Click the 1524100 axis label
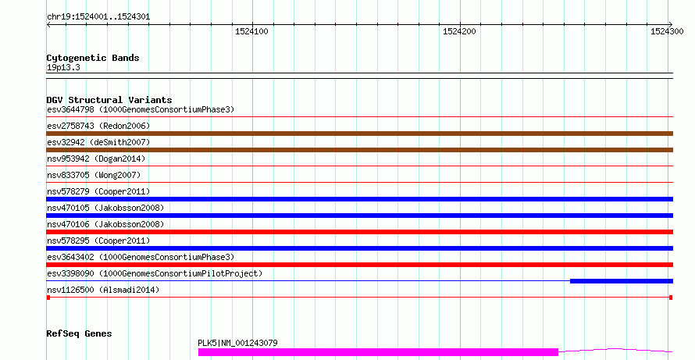tap(251, 31)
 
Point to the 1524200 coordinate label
tap(459, 31)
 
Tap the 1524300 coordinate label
tap(667, 31)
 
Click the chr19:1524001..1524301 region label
tap(98, 17)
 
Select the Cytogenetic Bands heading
tap(93, 58)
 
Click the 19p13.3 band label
tap(63, 67)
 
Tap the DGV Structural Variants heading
tap(109, 100)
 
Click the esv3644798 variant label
tap(70, 109)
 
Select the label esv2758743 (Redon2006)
tap(98, 126)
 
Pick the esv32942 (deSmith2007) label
tap(98, 142)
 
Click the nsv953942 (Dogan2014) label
tap(96, 159)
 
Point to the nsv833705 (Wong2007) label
tap(94, 175)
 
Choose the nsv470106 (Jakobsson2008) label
tap(105, 224)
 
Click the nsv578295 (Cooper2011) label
tap(98, 241)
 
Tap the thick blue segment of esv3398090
tap(622, 281)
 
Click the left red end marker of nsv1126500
tap(48, 298)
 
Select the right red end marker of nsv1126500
tap(671, 298)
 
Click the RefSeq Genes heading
tap(79, 333)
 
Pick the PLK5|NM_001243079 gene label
tap(237, 343)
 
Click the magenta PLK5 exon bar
tap(378, 352)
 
